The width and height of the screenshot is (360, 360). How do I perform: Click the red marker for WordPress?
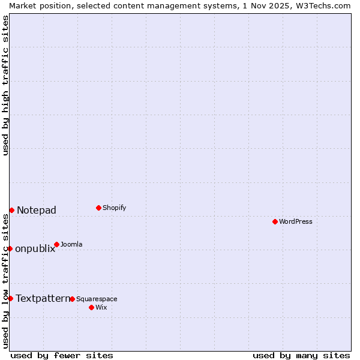pyautogui.click(x=275, y=221)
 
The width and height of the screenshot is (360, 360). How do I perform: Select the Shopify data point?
pyautogui.click(x=98, y=208)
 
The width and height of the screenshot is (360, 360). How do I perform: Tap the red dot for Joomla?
pyautogui.click(x=56, y=244)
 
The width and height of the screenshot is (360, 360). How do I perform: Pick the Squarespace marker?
pyautogui.click(x=72, y=299)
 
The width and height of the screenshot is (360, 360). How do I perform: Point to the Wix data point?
pyautogui.click(x=91, y=307)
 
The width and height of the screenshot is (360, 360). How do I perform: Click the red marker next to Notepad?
pyautogui.click(x=11, y=210)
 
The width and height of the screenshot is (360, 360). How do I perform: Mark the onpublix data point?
pyautogui.click(x=10, y=248)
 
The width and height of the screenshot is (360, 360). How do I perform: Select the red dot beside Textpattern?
pyautogui.click(x=10, y=298)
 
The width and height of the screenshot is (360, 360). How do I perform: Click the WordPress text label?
pyautogui.click(x=296, y=221)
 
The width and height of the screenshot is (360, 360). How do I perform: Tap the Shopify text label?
pyautogui.click(x=115, y=208)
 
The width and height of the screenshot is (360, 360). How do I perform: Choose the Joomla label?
pyautogui.click(x=71, y=244)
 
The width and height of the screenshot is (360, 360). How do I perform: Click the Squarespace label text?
pyautogui.click(x=97, y=299)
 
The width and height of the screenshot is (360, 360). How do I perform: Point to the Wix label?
pyautogui.click(x=101, y=307)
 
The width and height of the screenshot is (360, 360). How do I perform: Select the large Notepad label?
pyautogui.click(x=37, y=210)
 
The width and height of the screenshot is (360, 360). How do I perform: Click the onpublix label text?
pyautogui.click(x=35, y=248)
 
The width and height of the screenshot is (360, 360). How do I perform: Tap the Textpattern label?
pyautogui.click(x=43, y=298)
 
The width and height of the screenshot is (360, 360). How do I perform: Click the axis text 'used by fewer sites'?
pyautogui.click(x=62, y=355)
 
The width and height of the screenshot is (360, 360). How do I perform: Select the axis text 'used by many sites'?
pyautogui.click(x=301, y=355)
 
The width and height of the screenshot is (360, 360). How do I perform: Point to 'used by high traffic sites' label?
pyautogui.click(x=5, y=85)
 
